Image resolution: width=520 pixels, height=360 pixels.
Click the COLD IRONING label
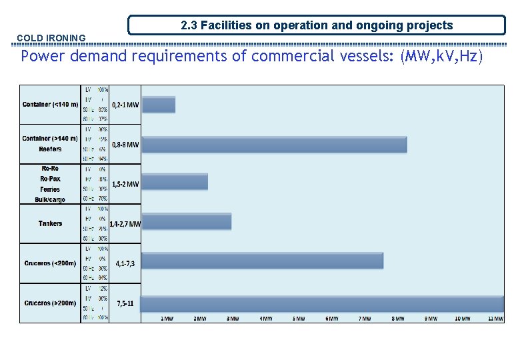pos(51,39)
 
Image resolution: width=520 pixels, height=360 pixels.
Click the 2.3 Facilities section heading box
pos(317,26)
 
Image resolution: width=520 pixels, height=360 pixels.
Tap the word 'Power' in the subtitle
pos(41,56)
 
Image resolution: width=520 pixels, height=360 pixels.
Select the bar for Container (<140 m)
pos(159,105)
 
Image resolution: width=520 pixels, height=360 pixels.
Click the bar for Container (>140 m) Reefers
pos(275,145)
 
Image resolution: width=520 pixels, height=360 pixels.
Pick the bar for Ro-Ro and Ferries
pos(175,181)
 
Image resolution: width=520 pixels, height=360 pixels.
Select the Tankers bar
pos(187,221)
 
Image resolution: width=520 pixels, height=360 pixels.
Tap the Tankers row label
pos(51,223)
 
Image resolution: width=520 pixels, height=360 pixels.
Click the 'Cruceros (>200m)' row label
pos(51,303)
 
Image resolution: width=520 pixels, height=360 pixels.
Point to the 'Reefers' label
pos(51,149)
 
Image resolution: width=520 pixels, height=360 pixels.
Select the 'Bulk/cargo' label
pos(51,200)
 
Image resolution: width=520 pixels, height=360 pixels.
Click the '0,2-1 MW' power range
pos(125,105)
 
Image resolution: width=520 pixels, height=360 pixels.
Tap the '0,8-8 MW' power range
pos(125,145)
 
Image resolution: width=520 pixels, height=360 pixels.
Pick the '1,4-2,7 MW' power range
pos(125,225)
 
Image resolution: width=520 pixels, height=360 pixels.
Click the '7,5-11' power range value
pos(125,303)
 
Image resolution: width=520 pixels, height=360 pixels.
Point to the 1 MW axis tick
pos(167,319)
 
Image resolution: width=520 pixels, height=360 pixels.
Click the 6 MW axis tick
pos(331,319)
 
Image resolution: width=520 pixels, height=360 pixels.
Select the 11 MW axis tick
pos(495,319)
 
